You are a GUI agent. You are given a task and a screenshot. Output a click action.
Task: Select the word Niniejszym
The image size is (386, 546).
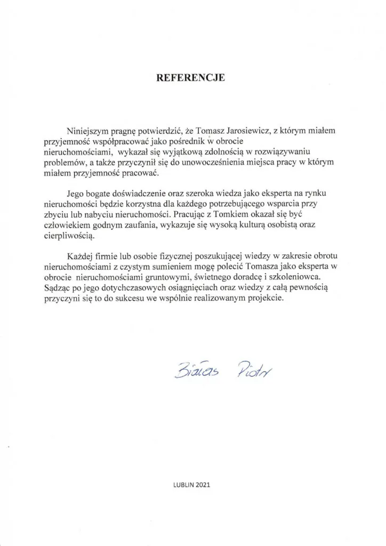point(89,131)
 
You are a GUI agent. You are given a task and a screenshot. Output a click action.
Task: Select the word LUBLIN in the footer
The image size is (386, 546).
point(183,485)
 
